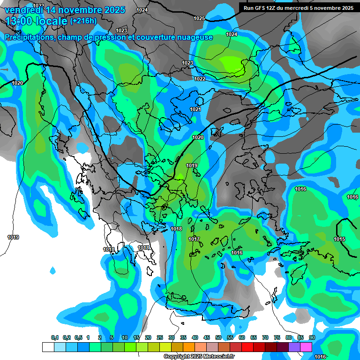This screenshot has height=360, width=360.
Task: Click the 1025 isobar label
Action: click(199, 18)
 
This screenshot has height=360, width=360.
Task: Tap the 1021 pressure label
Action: click(195, 109)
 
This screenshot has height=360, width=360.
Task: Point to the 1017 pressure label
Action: click(194, 239)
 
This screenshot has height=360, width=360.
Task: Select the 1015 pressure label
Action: click(339, 240)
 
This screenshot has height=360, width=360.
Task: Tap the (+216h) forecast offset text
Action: click(83, 21)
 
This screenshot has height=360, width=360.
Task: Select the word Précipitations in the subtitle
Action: click(30, 37)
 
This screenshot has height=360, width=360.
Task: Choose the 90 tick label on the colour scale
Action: click(312, 337)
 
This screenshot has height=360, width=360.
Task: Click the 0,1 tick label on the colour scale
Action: click(54, 337)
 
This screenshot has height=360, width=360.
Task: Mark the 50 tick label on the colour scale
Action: click(218, 337)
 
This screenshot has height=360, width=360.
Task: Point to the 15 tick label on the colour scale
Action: click(136, 337)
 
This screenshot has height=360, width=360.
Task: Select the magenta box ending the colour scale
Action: click(306, 347)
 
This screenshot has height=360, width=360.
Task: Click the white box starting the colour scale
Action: click(48, 347)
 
